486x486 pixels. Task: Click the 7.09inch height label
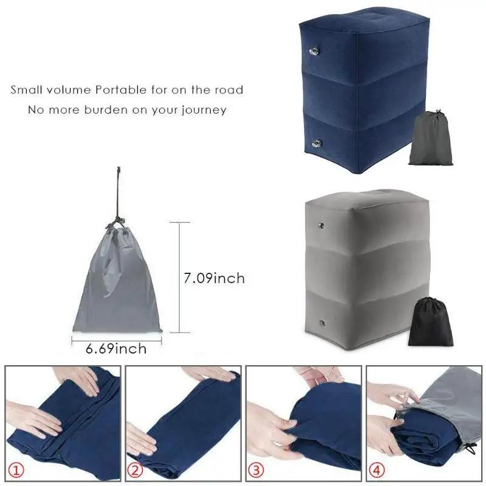pos(214,278)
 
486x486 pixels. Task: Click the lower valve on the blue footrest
pos(316,142)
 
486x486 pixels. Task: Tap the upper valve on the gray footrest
pos(318,228)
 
